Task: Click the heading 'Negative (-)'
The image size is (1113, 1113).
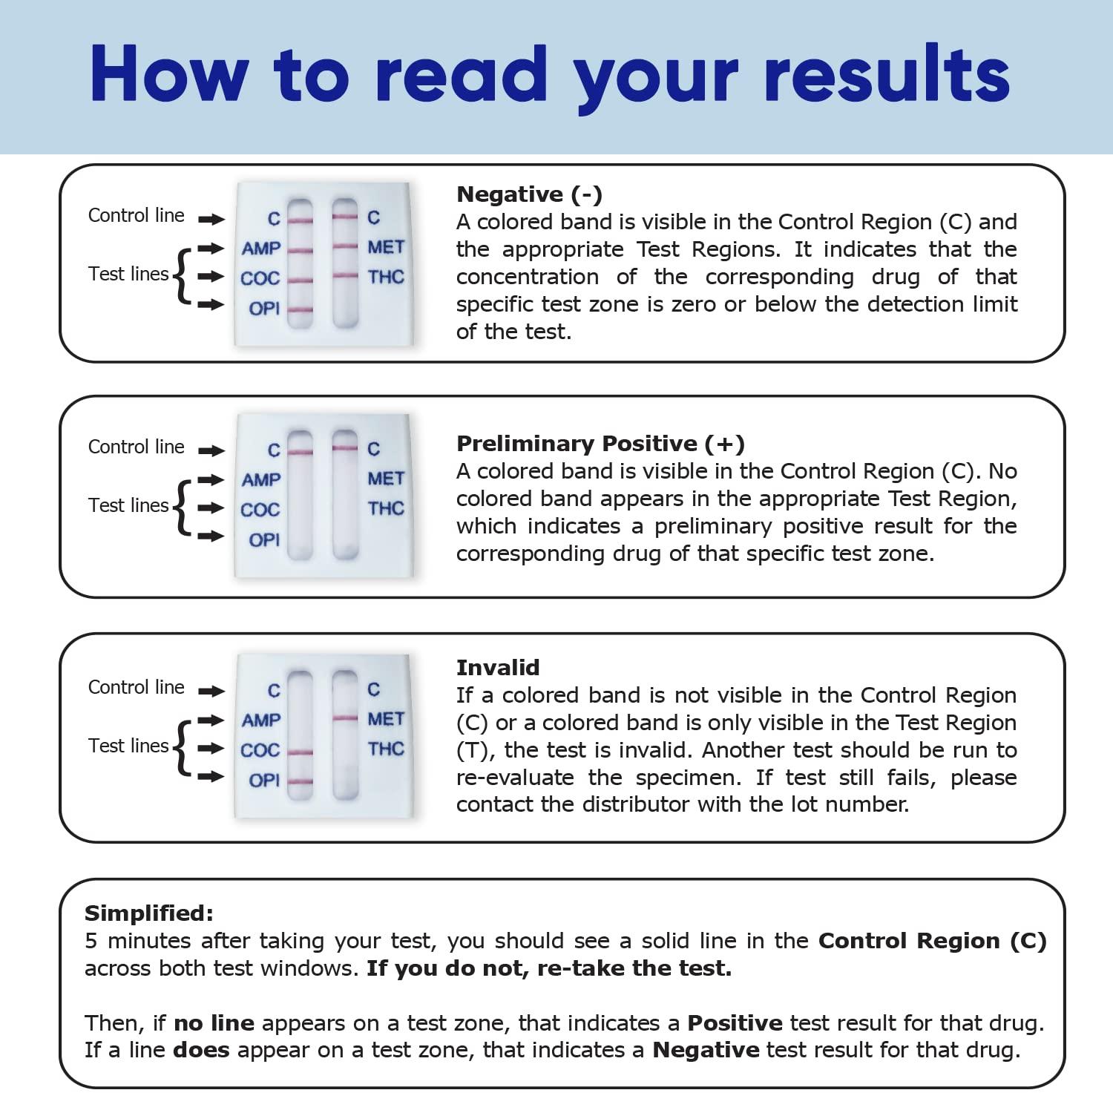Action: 529,194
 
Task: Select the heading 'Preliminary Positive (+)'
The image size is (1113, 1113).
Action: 600,444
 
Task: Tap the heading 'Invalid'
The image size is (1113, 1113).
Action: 497,668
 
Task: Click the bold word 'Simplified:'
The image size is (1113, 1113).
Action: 148,913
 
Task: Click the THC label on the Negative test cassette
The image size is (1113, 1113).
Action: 386,278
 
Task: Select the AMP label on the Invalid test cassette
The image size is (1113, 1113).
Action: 261,720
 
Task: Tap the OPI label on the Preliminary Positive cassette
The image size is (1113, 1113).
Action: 264,540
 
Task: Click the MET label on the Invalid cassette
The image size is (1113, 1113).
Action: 386,719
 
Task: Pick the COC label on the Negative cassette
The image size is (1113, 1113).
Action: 260,279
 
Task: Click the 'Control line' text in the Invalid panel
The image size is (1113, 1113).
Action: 136,687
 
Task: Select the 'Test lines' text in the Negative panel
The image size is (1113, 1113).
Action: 128,274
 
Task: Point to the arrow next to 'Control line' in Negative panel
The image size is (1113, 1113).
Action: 211,219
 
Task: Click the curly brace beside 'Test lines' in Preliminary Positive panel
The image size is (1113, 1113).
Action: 181,508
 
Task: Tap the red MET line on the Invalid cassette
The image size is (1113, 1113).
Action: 345,718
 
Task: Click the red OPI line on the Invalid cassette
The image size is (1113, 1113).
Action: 300,781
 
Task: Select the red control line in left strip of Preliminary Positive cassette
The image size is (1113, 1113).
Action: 300,452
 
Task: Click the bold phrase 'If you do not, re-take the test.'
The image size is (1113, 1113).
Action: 549,968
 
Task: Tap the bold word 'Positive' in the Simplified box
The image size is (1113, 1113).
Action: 735,1023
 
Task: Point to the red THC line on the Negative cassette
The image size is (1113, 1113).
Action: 345,275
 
